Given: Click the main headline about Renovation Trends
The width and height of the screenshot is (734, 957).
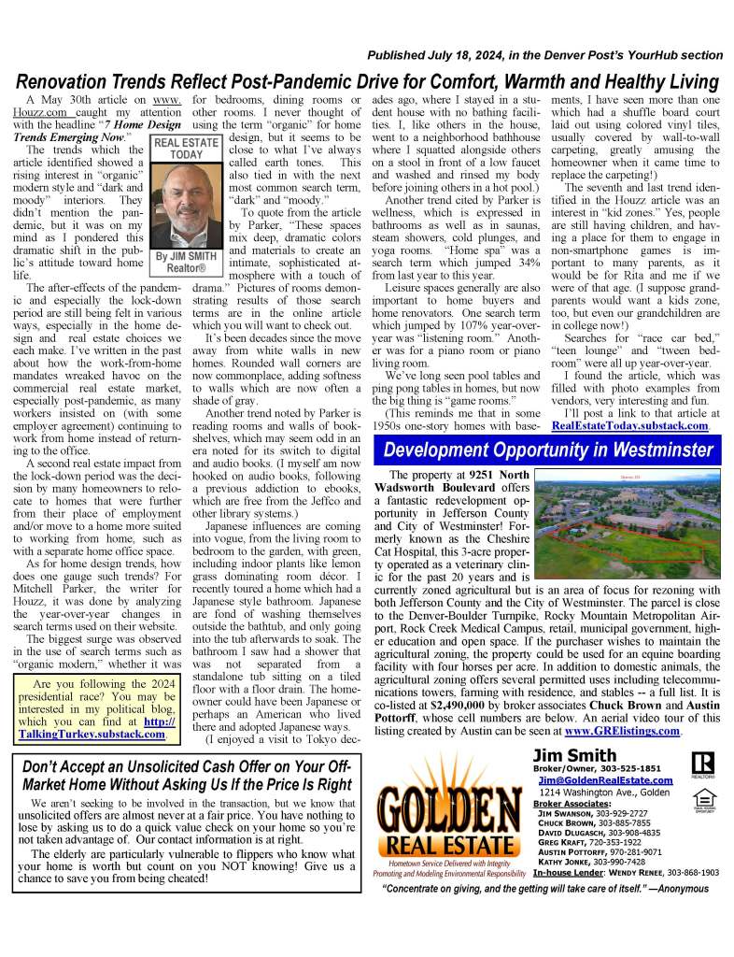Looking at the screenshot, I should [x=367, y=81].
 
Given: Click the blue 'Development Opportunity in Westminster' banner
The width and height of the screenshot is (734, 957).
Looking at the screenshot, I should [x=548, y=450].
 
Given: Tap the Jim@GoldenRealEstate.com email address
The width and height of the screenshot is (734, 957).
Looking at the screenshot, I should [x=605, y=780].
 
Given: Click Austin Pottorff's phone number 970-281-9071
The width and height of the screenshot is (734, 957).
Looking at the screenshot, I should [x=631, y=851].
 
